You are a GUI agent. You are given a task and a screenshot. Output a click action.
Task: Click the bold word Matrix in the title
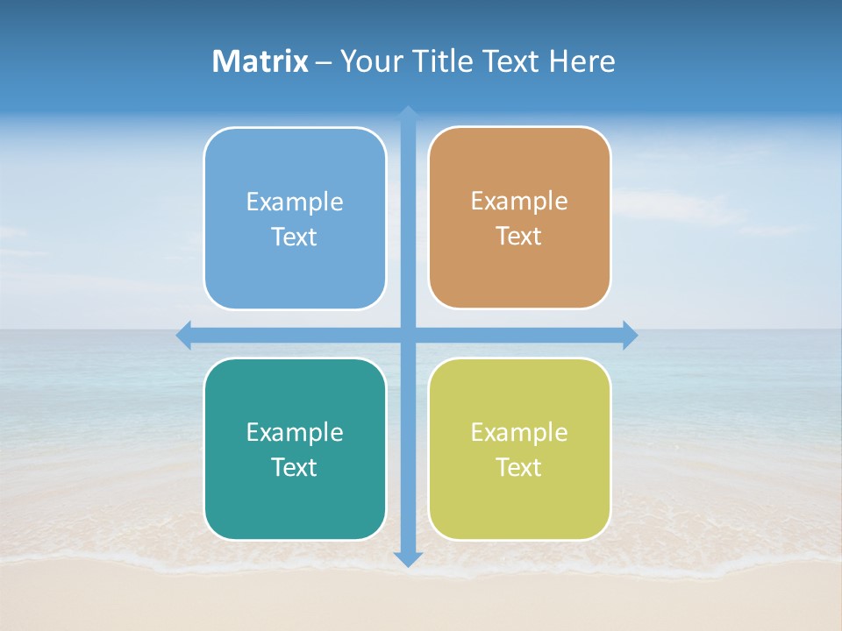click(260, 61)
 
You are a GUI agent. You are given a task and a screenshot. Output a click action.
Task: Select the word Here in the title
click(582, 61)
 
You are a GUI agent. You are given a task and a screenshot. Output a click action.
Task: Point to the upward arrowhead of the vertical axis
click(408, 113)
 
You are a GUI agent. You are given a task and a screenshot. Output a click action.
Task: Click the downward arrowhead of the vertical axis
click(408, 559)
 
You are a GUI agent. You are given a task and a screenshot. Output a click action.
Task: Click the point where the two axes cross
click(408, 335)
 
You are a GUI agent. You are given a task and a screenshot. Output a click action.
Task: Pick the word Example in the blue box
click(295, 202)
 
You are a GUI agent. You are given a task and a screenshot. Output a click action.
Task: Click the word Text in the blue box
click(295, 238)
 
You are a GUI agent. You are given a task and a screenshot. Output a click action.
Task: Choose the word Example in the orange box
click(519, 202)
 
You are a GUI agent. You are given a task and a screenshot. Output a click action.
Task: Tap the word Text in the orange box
click(519, 237)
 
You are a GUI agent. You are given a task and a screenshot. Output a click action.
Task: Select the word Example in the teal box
click(295, 433)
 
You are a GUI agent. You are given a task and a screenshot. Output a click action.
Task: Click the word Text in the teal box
click(295, 468)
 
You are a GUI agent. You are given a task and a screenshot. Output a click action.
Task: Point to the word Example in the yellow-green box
click(519, 433)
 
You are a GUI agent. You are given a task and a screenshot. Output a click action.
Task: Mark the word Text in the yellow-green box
click(519, 468)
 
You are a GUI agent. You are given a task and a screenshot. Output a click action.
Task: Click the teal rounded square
click(295, 508)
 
